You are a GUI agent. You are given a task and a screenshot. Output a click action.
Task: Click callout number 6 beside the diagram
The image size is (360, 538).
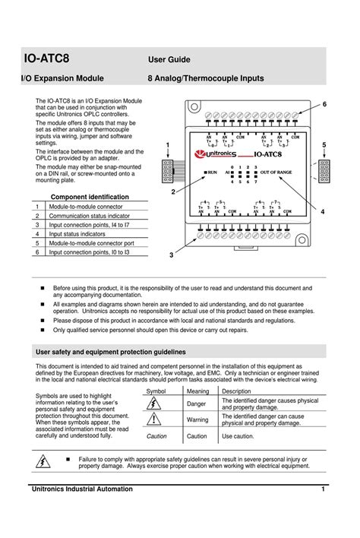click(x=324, y=103)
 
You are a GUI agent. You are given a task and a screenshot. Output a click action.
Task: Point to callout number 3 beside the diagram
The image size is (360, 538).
click(x=172, y=255)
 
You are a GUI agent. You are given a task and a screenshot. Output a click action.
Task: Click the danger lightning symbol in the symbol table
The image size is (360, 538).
click(x=156, y=403)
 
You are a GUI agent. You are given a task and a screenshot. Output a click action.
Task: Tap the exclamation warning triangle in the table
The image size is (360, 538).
click(x=156, y=419)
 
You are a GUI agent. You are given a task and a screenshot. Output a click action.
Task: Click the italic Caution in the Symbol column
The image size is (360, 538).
click(x=156, y=437)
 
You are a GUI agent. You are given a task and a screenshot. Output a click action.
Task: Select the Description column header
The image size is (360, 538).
click(x=236, y=391)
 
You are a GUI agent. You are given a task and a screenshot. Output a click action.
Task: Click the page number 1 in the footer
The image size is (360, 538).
click(x=323, y=489)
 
